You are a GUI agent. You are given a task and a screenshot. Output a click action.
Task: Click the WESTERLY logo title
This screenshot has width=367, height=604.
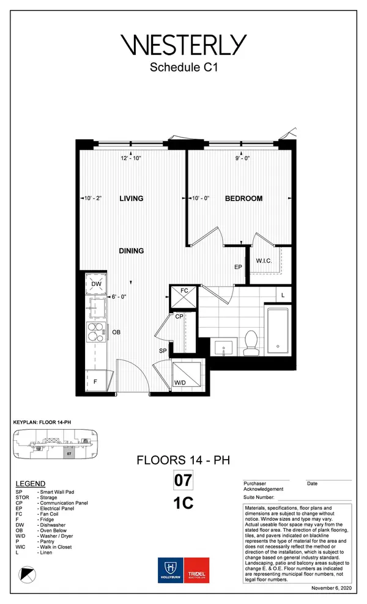pos(183,45)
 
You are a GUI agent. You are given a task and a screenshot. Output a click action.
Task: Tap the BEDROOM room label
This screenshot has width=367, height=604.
pos(243,198)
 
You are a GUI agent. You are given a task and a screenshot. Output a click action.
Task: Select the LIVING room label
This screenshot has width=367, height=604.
pos(131,198)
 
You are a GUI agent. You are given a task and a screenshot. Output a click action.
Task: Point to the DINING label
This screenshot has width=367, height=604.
pos(132,251)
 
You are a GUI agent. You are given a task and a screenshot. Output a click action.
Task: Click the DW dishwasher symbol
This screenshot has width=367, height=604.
pos(96,284)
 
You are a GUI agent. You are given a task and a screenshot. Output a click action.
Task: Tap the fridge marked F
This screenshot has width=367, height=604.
pos(95,381)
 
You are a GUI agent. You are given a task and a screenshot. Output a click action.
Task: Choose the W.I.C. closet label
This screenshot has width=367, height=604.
pos(264,260)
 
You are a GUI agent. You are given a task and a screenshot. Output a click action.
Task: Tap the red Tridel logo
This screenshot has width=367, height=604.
pos(196,570)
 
